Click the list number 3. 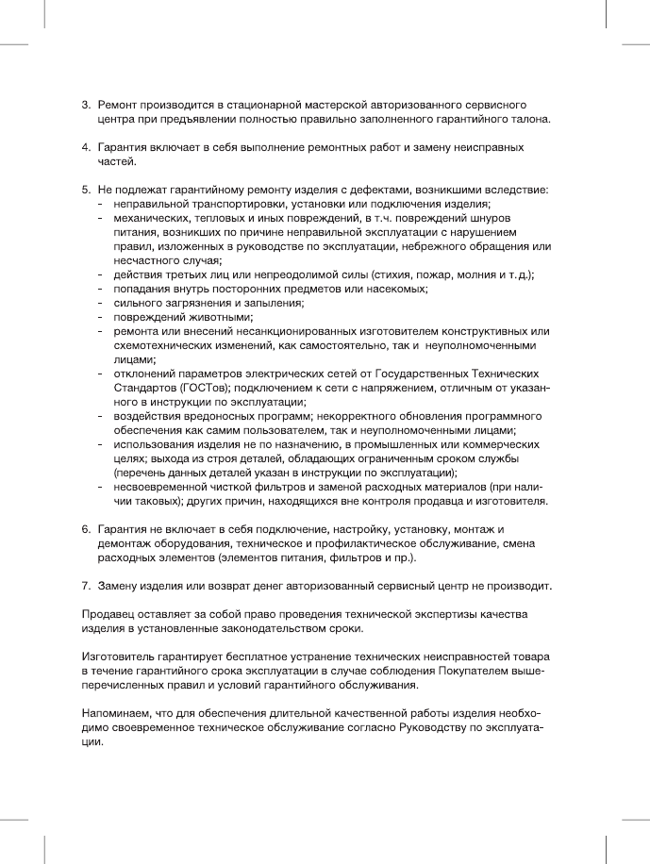[85, 102]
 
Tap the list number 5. [85, 189]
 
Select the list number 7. [85, 586]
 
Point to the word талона [526, 121]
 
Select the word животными [220, 317]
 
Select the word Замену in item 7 [120, 586]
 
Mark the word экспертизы [441, 615]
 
